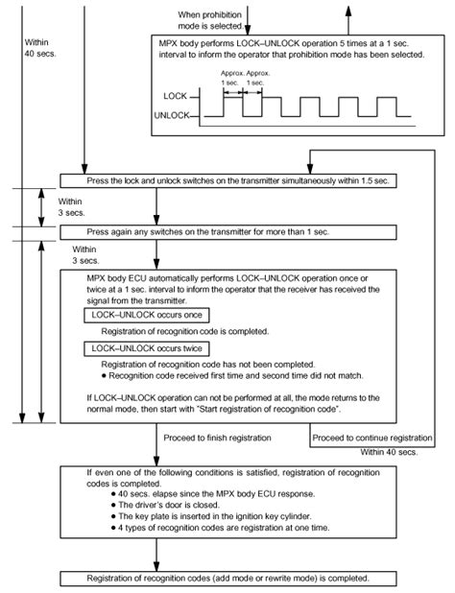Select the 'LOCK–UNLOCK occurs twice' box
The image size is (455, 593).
[x=150, y=347]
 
